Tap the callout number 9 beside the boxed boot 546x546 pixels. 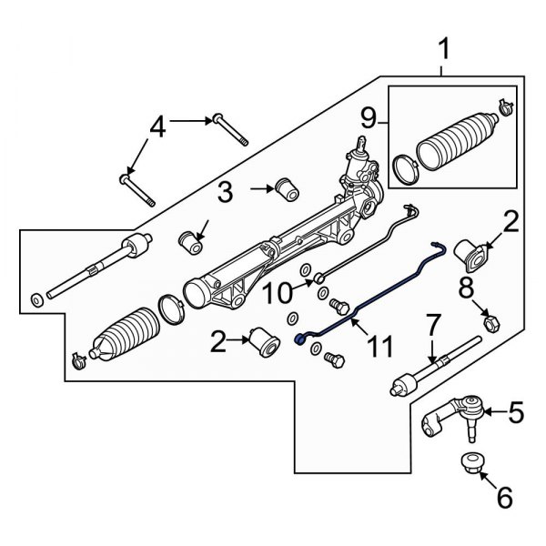click(x=369, y=117)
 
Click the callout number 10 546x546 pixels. click(x=278, y=292)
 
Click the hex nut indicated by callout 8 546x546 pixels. click(x=489, y=321)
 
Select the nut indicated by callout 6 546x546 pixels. click(x=470, y=460)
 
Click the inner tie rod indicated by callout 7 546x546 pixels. click(x=437, y=365)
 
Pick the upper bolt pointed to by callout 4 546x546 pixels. click(x=232, y=129)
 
